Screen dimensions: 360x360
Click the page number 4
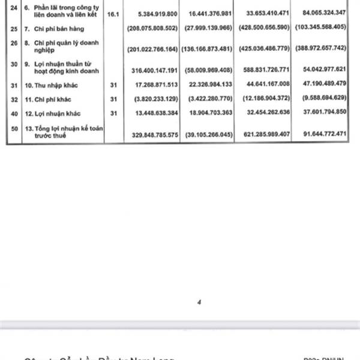coord(198,302)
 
